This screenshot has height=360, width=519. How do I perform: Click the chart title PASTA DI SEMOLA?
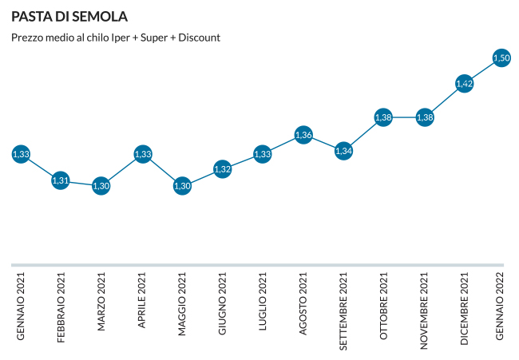(x=69, y=17)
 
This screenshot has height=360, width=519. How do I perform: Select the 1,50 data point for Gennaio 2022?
(x=501, y=57)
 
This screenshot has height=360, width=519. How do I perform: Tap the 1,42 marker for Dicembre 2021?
(x=464, y=83)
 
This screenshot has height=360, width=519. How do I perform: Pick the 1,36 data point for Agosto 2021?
(x=303, y=135)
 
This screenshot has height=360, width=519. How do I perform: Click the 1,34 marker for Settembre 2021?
(x=343, y=150)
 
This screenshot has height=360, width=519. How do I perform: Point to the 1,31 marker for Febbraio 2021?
(x=61, y=180)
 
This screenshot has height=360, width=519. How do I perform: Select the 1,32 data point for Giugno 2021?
(x=223, y=169)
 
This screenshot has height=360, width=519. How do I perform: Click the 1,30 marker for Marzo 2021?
(x=101, y=186)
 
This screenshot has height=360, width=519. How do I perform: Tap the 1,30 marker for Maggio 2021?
(x=182, y=186)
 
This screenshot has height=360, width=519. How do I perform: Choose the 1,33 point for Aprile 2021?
(x=143, y=154)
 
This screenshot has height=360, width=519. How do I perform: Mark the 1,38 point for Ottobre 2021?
(x=383, y=117)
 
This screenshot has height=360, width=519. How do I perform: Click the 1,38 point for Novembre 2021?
(x=425, y=117)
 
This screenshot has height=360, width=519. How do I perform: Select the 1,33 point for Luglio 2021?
(x=263, y=154)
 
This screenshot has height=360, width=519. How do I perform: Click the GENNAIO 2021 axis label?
(x=22, y=305)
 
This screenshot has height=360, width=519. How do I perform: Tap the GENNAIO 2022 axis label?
(x=501, y=305)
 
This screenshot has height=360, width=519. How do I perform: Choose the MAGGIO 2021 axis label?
(x=182, y=305)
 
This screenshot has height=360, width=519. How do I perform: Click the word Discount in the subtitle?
(x=198, y=38)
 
